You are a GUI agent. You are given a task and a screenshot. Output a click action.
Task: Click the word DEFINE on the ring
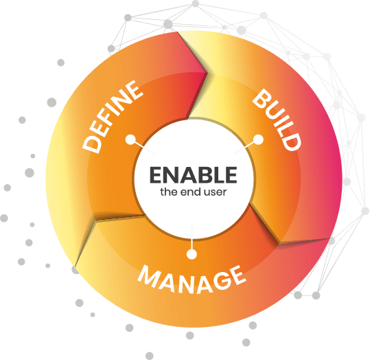point(113,117)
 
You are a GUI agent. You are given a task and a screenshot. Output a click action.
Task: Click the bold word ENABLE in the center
point(194,175)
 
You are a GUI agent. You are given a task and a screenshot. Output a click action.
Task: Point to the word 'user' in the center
point(216,192)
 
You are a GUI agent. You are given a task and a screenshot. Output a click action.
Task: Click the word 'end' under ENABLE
point(192,192)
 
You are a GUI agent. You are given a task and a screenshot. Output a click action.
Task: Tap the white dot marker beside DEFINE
point(130,139)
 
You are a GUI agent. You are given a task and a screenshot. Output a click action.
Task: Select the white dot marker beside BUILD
point(258,139)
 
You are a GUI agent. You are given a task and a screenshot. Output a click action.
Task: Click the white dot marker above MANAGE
point(192,254)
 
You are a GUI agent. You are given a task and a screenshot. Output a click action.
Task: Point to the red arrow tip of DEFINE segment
point(207,73)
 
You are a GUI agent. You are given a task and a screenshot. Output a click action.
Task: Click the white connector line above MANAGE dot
point(192,237)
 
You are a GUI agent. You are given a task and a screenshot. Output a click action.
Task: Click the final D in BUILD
point(292,142)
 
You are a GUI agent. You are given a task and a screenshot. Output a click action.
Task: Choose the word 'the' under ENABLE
point(169,192)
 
